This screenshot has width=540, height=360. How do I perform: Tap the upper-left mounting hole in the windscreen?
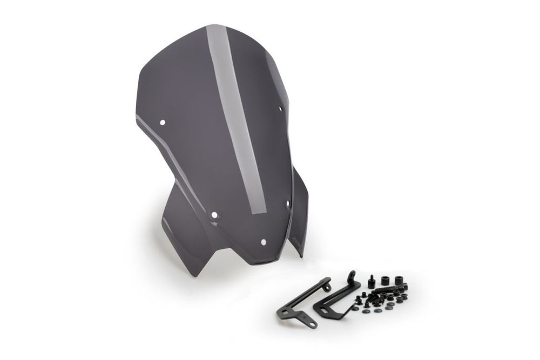(162, 123)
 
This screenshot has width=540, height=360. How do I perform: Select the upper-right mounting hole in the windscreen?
(281, 108)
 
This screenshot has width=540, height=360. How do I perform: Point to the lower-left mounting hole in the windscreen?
(214, 215)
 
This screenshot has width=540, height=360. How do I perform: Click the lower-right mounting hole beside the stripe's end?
(287, 203)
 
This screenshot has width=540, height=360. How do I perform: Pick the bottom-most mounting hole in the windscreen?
(264, 242)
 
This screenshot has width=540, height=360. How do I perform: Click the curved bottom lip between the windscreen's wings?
(270, 262)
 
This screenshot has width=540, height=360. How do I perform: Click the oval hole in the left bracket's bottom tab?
(312, 324)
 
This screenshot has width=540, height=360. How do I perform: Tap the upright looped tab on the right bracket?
(353, 276)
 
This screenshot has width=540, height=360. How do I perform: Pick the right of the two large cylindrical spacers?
(400, 280)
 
